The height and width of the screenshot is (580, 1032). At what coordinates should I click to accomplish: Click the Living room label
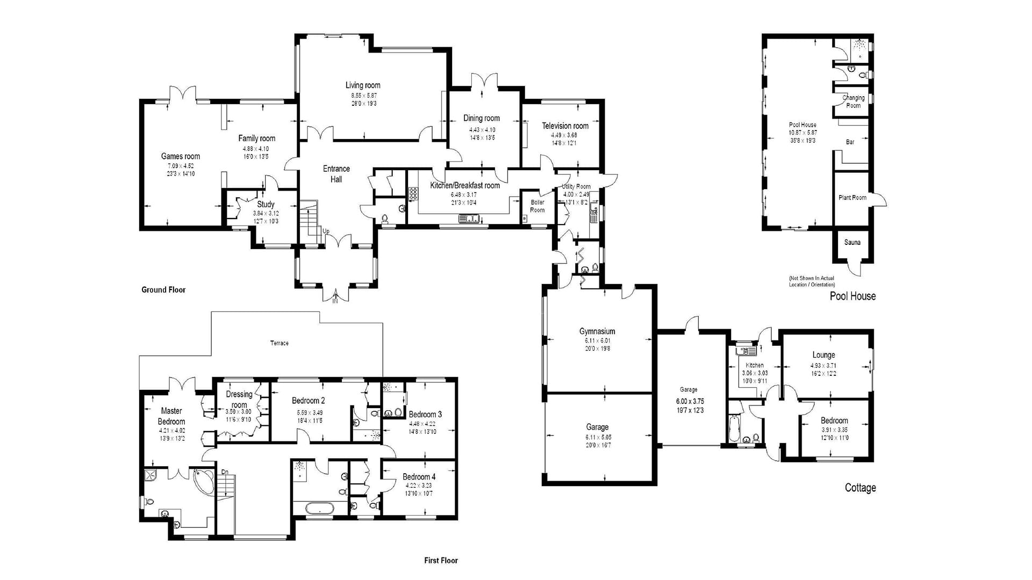click(x=363, y=85)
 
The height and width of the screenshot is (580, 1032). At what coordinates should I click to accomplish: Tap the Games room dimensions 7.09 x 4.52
click(x=180, y=165)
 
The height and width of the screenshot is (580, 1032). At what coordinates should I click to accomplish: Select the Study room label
click(x=266, y=204)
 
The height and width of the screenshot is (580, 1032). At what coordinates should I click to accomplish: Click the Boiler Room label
click(x=537, y=206)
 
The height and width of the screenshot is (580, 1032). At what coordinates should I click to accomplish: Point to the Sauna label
click(x=852, y=242)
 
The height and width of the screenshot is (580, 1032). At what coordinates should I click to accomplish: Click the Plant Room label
click(x=852, y=198)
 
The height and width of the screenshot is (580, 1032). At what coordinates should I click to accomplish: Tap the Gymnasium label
click(x=597, y=331)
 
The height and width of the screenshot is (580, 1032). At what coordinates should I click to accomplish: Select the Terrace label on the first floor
click(x=279, y=343)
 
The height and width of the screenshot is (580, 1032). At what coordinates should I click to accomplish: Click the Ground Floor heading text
click(x=163, y=290)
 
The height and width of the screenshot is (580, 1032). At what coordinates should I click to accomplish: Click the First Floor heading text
click(x=441, y=560)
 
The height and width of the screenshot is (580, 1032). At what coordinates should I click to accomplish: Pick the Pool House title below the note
click(x=852, y=296)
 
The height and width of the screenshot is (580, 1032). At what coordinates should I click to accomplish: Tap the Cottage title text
click(x=860, y=488)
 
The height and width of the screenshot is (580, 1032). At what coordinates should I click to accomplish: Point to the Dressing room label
click(x=239, y=400)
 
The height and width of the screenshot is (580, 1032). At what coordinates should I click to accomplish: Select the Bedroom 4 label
click(x=419, y=477)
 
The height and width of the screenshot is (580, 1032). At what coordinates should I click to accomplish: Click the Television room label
click(x=565, y=126)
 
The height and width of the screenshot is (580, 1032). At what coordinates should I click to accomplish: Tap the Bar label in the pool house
click(x=850, y=142)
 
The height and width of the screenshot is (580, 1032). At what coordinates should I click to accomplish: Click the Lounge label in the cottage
click(x=823, y=355)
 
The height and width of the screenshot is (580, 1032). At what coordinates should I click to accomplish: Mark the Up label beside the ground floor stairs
click(x=326, y=231)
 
